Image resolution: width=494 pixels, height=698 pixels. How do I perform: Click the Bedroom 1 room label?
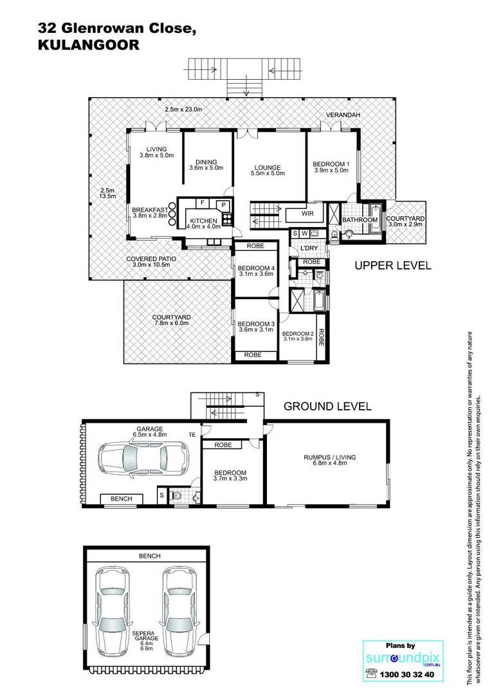[x=331, y=167]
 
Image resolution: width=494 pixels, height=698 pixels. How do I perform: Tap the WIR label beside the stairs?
[x=307, y=214]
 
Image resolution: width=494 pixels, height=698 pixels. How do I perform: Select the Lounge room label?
[x=268, y=170]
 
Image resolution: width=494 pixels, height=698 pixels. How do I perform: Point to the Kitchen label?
[x=204, y=223]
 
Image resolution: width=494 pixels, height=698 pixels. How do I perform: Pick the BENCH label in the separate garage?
[x=149, y=556]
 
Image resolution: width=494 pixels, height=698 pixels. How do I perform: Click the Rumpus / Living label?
[x=330, y=460]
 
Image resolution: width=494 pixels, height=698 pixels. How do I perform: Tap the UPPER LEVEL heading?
[x=393, y=266]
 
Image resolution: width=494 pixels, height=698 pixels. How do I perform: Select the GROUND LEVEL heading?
[x=327, y=406]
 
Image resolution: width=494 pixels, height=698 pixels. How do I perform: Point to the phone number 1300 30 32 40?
[x=407, y=674]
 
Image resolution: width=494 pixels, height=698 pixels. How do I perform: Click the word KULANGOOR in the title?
[x=89, y=44]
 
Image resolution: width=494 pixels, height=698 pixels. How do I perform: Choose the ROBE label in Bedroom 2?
[x=322, y=338]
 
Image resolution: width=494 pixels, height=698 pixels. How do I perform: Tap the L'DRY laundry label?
[x=309, y=248]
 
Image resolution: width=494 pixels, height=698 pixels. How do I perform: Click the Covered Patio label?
[x=151, y=262]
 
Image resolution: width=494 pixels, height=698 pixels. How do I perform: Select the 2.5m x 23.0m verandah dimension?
[x=183, y=109]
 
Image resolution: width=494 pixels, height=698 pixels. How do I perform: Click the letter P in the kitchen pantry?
[x=224, y=205]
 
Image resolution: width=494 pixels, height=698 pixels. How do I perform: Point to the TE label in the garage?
[x=192, y=434]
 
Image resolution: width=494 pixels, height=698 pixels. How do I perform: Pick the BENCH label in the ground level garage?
[x=121, y=499]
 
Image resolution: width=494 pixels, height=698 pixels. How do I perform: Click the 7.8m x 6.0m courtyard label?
[x=171, y=323]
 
